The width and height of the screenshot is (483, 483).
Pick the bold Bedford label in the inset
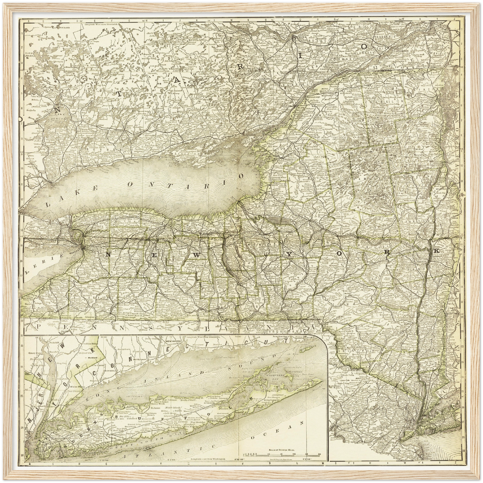point(89,358)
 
